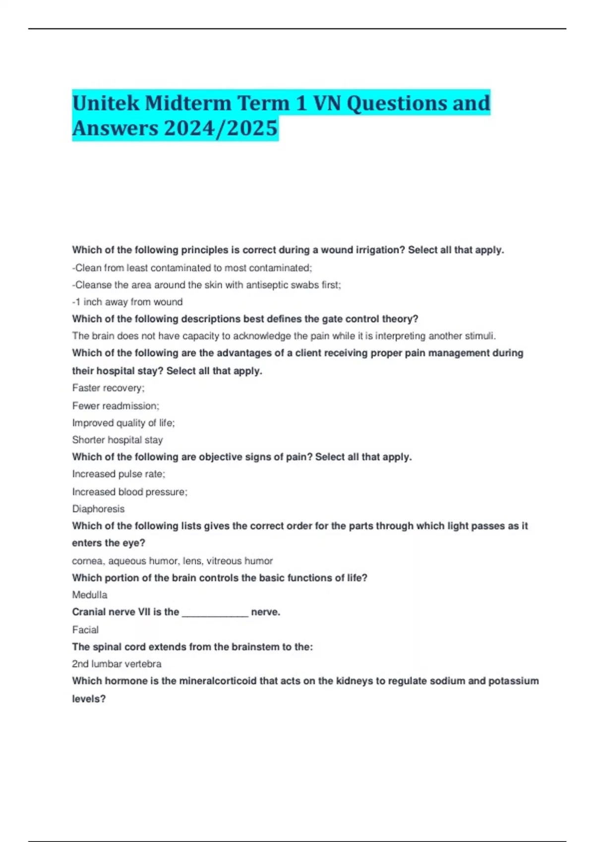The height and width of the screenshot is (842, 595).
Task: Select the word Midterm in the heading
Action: (188, 103)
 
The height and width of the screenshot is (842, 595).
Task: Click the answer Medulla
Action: (90, 595)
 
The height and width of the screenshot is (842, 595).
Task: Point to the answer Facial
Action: (85, 630)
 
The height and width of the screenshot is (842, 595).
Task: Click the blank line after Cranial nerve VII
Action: (215, 613)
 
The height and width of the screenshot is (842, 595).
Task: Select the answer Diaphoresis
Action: (98, 509)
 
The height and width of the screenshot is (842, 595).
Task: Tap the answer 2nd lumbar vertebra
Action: (117, 664)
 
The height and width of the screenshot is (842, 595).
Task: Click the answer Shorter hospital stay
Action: (118, 440)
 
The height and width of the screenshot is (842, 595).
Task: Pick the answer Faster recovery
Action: (108, 388)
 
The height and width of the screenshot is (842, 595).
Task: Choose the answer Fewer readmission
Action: (116, 406)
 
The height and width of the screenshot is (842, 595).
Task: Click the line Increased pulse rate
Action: (119, 474)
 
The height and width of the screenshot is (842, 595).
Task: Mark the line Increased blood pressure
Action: (129, 492)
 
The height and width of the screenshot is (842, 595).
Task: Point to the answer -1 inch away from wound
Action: (127, 302)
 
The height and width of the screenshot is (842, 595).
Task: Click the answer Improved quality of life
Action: (123, 423)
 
